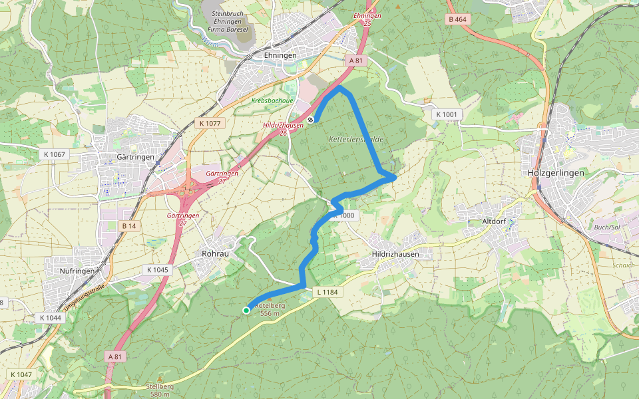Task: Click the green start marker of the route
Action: pos(246,310)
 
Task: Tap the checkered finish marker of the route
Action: pos(311,120)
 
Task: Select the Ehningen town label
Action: pos(280,56)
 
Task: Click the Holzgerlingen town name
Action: pos(554,173)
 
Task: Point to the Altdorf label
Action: pos(495,221)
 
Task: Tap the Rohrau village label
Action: pos(215,253)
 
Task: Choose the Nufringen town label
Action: pos(69,271)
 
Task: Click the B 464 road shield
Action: pos(458,19)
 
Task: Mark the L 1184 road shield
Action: pos(327,291)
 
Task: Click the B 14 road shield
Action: pos(128,226)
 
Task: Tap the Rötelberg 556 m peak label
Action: pos(270,309)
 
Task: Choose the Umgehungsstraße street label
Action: pos(85,295)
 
